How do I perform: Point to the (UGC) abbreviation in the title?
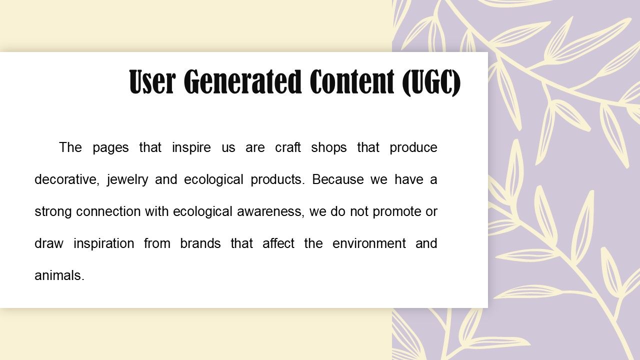coord(431,82)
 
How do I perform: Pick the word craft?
coord(287,147)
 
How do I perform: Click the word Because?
coord(337,179)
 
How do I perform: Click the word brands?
coord(200,243)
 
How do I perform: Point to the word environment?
coord(369,243)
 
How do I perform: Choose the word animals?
coord(59,275)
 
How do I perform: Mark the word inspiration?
coord(104,244)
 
